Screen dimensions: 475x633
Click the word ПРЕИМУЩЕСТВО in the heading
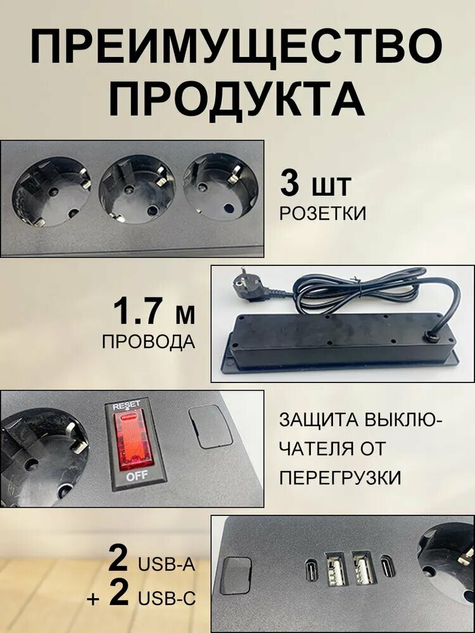coord(237,47)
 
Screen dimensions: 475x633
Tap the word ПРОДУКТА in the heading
coord(237,99)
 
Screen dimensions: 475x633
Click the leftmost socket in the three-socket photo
coord(51,191)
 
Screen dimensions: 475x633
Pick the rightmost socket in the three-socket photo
coord(220,186)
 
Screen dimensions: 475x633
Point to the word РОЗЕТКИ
coord(323,213)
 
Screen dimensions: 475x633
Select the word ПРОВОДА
coord(149,342)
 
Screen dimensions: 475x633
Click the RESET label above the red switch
coord(127,405)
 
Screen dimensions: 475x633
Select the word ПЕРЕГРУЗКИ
coord(341,478)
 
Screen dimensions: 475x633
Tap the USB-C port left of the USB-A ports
coord(312,569)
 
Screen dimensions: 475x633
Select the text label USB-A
coord(167,565)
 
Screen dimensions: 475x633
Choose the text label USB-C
coord(167,598)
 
